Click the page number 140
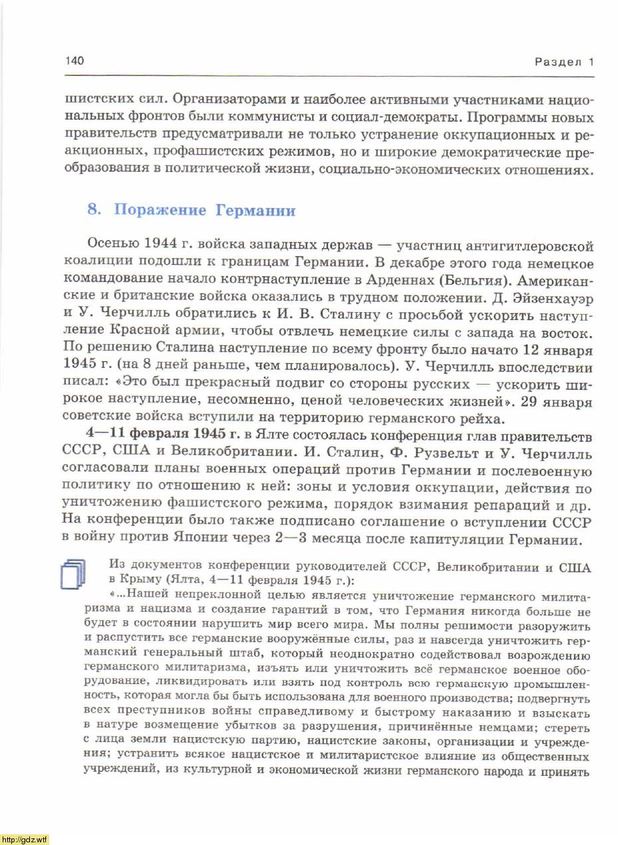75,61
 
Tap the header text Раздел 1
563,63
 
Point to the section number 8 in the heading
93,211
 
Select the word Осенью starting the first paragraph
111,247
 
